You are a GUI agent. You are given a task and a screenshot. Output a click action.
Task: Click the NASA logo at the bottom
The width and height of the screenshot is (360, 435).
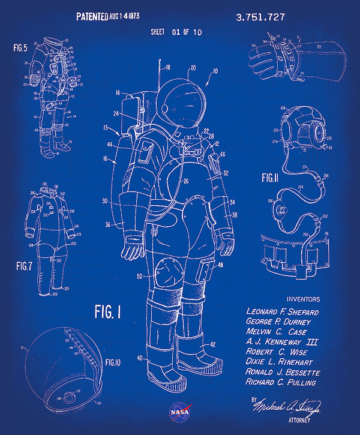coord(180,411)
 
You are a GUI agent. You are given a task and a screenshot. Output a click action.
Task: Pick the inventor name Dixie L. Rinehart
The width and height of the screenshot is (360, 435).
coord(282,362)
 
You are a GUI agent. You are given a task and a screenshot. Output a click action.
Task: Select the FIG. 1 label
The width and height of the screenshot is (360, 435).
coord(108,311)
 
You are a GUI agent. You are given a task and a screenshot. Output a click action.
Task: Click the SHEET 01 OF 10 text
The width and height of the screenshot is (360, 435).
coord(176,32)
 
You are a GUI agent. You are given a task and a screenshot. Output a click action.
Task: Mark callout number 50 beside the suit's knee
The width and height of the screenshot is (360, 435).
coord(139,276)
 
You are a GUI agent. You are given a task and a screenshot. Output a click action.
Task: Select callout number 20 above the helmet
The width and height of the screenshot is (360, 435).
coord(192,68)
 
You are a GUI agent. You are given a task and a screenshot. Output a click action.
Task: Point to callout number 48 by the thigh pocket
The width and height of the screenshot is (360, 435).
coord(221,265)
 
